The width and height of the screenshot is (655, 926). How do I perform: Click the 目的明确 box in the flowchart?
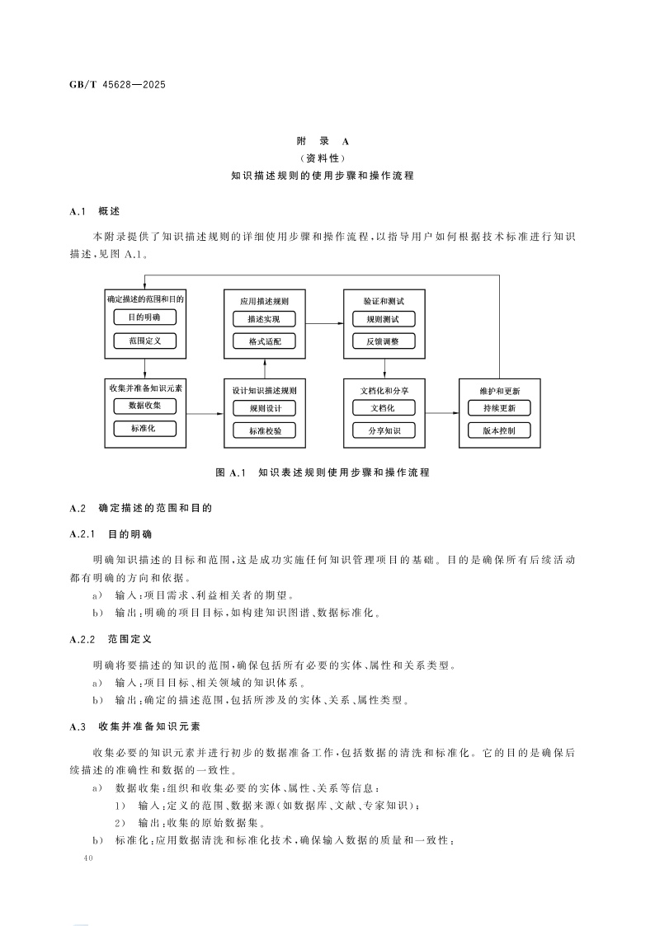pos(144,317)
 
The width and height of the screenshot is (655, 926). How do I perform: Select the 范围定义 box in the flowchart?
pos(144,340)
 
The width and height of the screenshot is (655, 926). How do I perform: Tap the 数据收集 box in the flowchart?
pos(144,406)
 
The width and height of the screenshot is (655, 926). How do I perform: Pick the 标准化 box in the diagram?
pos(144,428)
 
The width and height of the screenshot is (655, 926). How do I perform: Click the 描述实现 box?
pos(263,318)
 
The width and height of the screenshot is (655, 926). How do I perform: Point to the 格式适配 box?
pos(263,341)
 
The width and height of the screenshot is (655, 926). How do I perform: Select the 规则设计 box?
pos(263,407)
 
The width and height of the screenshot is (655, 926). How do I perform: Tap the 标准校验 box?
pos(263,430)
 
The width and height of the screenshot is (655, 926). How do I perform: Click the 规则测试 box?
pos(383,318)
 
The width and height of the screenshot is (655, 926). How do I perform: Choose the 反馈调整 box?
pos(383,341)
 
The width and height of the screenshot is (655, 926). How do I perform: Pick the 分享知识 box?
pos(383,430)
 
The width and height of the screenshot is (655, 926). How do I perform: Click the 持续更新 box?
pos(499,407)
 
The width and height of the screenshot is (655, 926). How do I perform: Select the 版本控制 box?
pos(499,430)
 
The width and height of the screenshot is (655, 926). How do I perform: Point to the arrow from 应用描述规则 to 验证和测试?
pos(324,323)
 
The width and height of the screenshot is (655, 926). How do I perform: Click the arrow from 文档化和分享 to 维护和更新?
pos(441,412)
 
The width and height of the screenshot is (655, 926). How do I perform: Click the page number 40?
pos(90,859)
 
